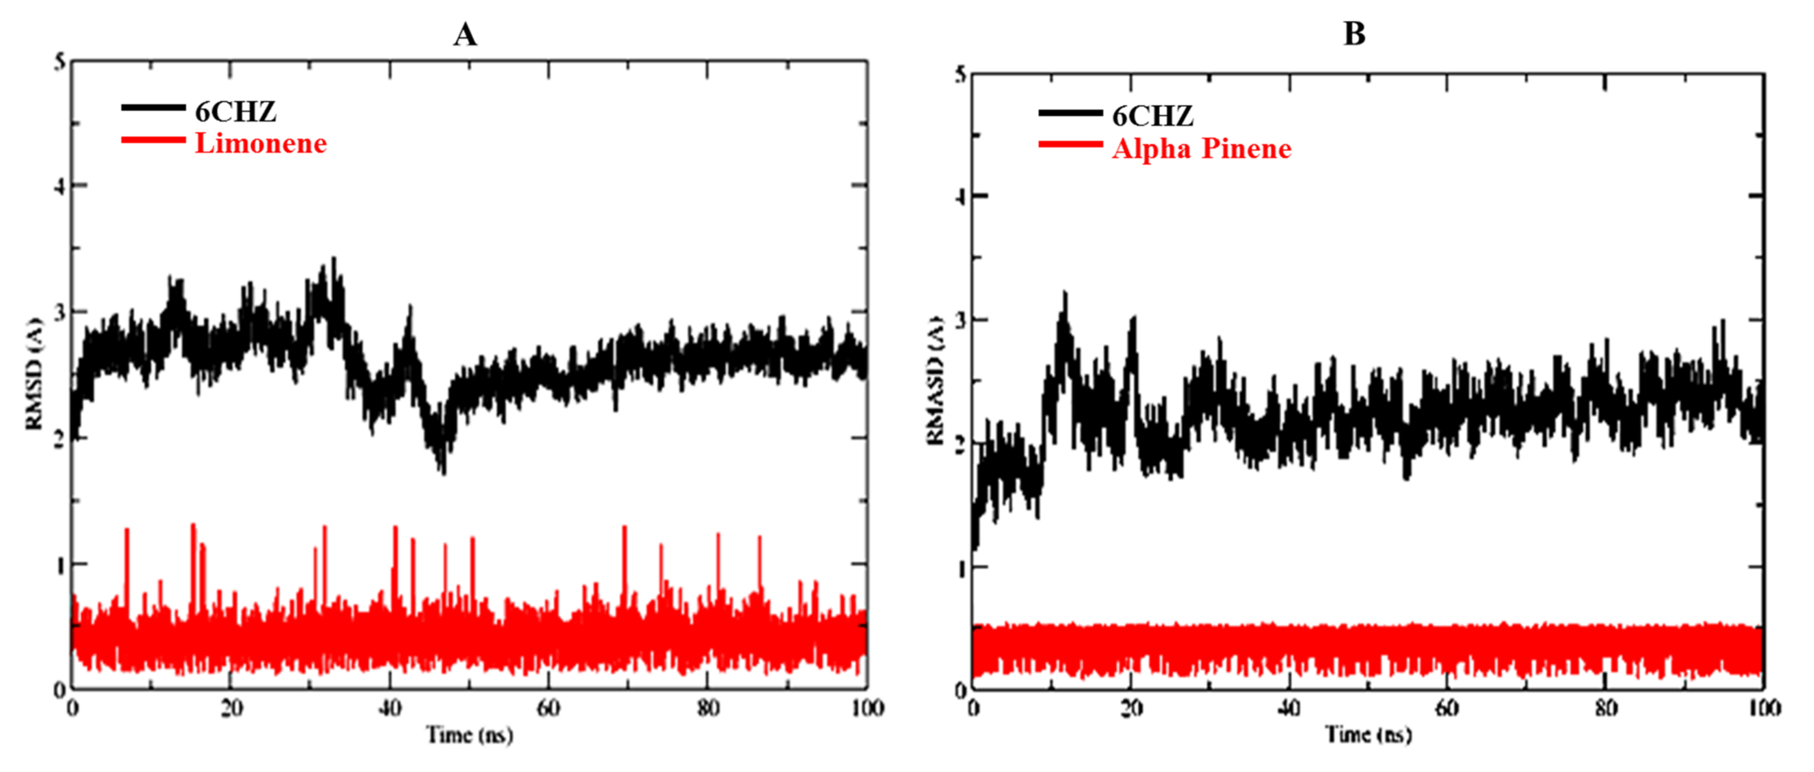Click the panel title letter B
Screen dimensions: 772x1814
coord(1354,34)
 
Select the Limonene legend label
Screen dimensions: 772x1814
coord(261,144)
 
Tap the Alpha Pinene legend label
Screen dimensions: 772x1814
coord(1201,149)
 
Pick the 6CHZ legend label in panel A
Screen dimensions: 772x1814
coord(235,111)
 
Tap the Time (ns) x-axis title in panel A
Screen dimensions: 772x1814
coord(470,735)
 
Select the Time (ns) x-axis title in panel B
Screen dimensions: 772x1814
coord(1368,735)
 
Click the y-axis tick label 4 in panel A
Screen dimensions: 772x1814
coord(60,186)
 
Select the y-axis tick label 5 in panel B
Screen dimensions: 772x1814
coord(960,75)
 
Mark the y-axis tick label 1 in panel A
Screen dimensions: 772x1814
coord(60,565)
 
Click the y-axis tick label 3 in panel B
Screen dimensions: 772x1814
coord(960,320)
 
